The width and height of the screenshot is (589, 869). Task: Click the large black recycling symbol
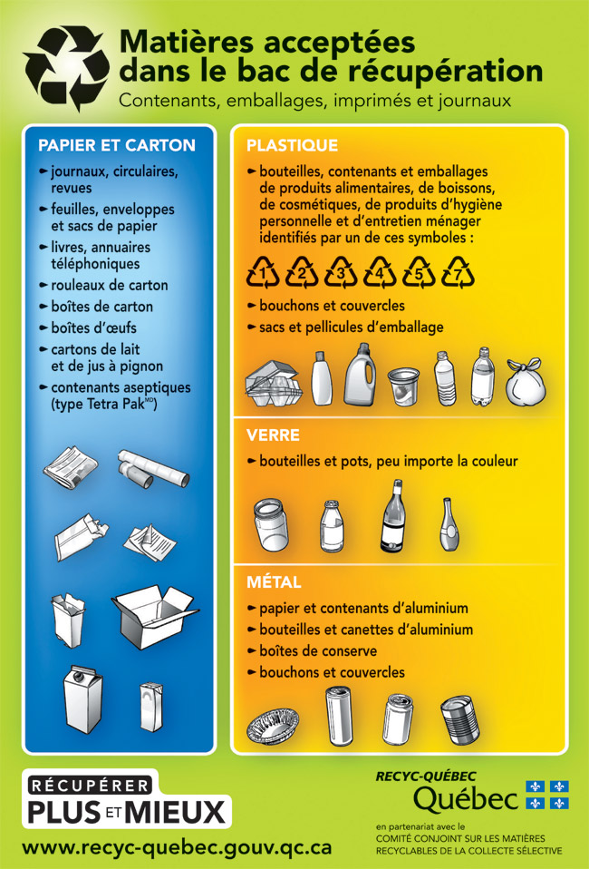pyautogui.click(x=66, y=68)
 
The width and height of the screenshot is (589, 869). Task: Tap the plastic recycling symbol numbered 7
pyautogui.click(x=458, y=271)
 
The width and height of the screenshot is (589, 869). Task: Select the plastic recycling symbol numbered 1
pyautogui.click(x=263, y=271)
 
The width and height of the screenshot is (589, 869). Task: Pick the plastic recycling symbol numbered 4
pyautogui.click(x=380, y=271)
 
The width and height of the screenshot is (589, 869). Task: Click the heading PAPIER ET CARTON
pyautogui.click(x=117, y=145)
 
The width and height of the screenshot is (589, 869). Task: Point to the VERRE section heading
pyautogui.click(x=273, y=435)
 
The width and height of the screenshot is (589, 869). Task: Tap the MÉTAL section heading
pyautogui.click(x=274, y=582)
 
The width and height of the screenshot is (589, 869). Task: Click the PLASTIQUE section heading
pyautogui.click(x=293, y=145)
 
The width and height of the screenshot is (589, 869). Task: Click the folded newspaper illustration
pyautogui.click(x=71, y=466)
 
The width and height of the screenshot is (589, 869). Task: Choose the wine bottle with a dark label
pyautogui.click(x=392, y=516)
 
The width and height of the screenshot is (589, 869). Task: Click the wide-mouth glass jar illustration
pyautogui.click(x=271, y=524)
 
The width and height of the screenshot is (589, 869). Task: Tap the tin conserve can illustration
pyautogui.click(x=460, y=720)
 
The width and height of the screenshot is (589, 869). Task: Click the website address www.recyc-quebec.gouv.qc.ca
pyautogui.click(x=177, y=847)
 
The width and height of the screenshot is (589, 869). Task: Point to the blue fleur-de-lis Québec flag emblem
pyautogui.click(x=547, y=795)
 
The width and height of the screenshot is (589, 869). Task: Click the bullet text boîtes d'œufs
pyautogui.click(x=93, y=328)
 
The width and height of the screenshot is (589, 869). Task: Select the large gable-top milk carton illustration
pyautogui.click(x=82, y=700)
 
